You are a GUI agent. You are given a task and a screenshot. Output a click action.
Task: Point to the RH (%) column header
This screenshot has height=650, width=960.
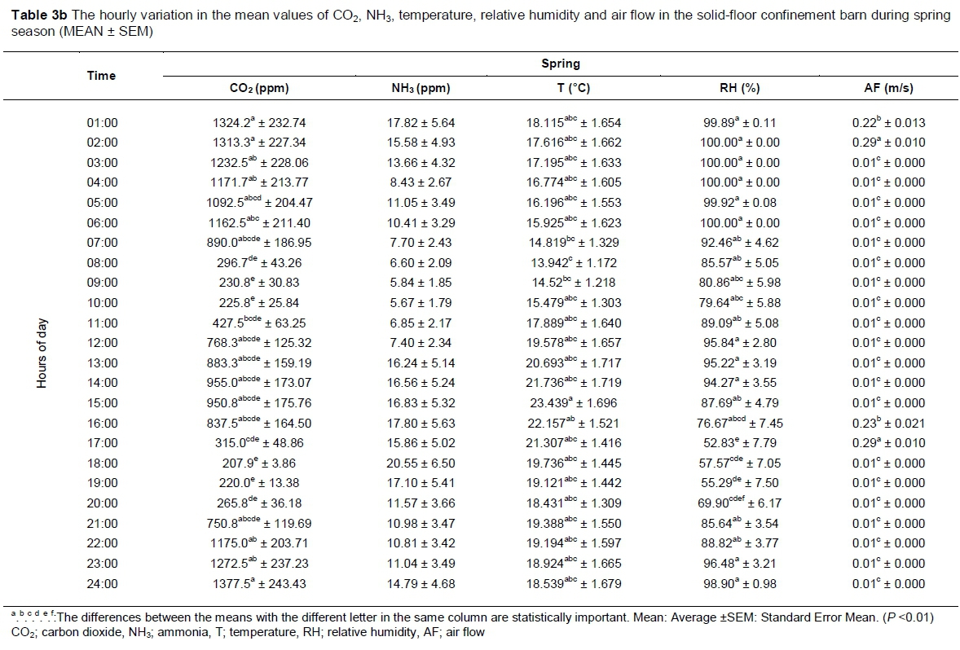740,89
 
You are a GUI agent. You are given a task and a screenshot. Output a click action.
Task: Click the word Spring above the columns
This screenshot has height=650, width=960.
561,64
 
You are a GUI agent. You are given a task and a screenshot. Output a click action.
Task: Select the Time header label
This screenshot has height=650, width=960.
102,76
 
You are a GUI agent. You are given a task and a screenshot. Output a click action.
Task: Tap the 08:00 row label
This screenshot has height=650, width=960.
102,263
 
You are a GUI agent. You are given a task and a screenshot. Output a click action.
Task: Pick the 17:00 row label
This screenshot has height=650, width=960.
102,443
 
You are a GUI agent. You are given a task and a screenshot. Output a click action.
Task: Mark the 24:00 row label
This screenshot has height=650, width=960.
102,583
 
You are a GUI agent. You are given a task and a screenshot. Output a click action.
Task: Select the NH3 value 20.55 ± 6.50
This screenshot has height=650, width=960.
421,463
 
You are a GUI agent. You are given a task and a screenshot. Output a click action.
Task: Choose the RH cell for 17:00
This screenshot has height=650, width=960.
740,443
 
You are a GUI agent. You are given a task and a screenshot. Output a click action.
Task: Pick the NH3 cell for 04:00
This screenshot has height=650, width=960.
421,182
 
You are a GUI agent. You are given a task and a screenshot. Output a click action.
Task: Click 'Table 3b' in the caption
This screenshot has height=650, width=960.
30,16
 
